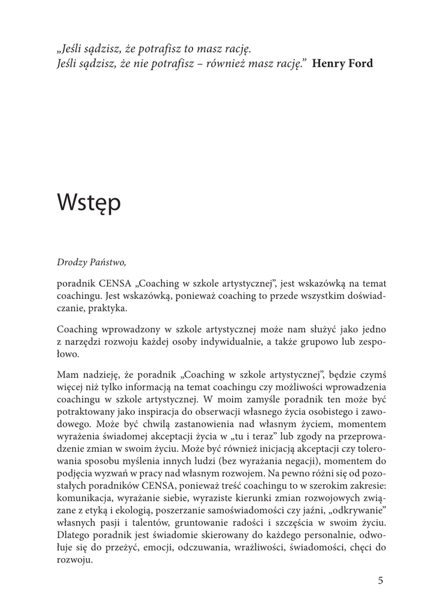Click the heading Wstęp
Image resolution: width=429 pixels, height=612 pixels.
[x=89, y=204]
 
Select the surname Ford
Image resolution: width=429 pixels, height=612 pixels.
[x=361, y=63]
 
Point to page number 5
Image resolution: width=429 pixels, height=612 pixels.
[x=381, y=580]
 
